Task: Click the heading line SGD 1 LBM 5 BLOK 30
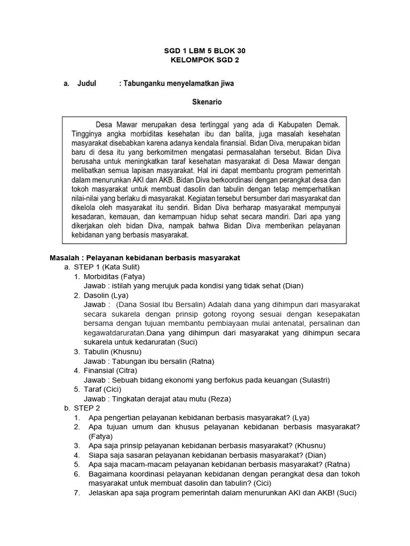point(204,51)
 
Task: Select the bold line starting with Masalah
point(145,258)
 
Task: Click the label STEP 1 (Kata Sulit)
point(107,267)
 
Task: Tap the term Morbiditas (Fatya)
point(114,276)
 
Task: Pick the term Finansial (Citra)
point(110,370)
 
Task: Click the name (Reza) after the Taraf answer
point(219,399)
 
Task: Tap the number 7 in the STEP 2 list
point(77,493)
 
